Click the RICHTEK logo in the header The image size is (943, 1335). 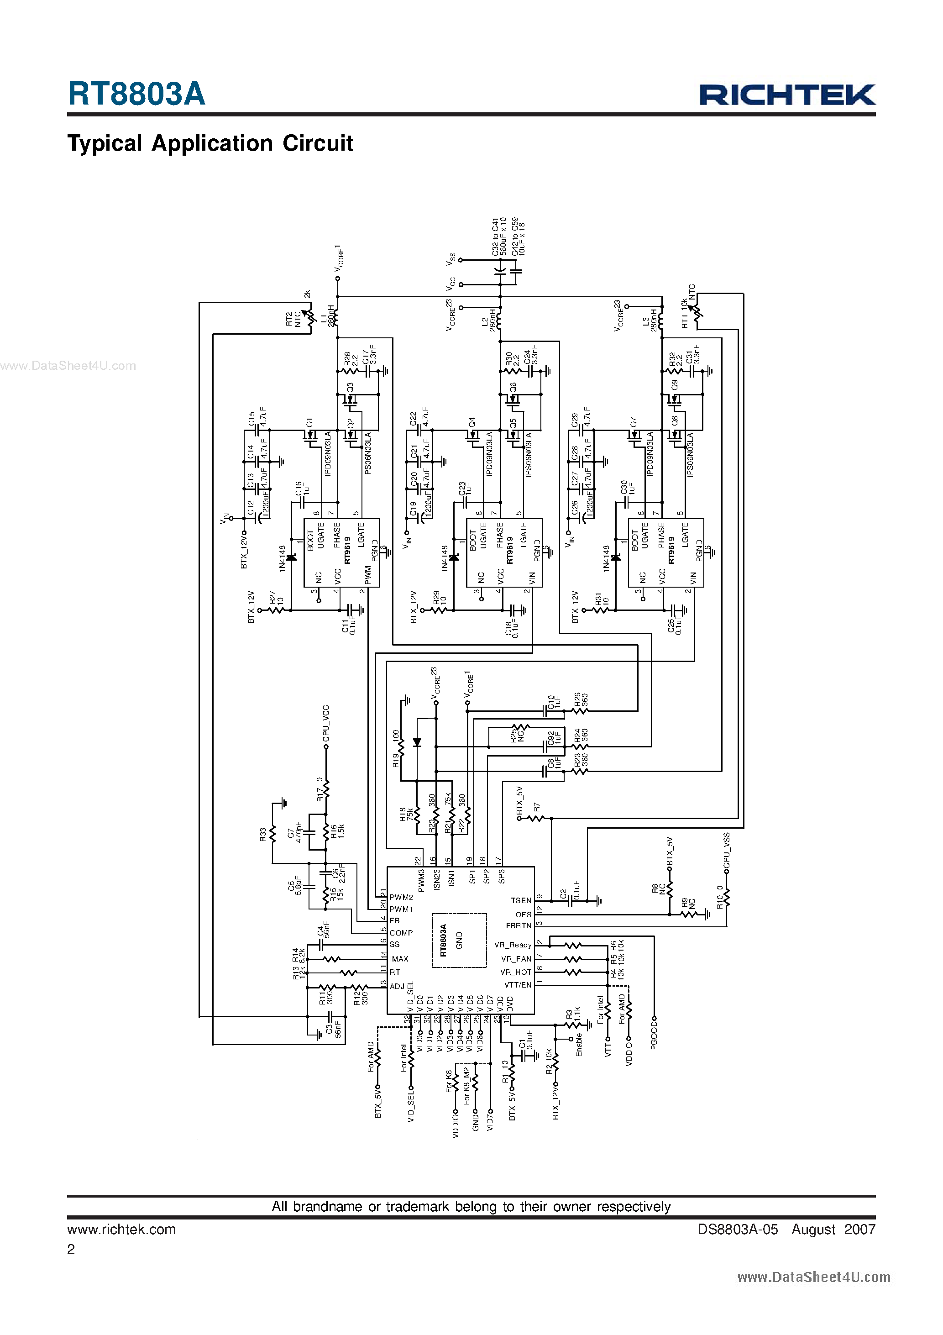(x=787, y=95)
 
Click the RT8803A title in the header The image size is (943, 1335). (x=136, y=94)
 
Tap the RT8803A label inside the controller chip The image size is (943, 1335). (x=444, y=940)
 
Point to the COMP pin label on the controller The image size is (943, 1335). (x=401, y=933)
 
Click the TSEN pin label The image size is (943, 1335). (x=521, y=901)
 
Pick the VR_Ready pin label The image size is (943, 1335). (x=513, y=945)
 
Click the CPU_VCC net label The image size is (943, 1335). (x=326, y=724)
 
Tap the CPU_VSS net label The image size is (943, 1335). (x=727, y=851)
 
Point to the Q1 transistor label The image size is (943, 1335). (x=309, y=422)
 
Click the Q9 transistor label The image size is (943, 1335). (x=675, y=385)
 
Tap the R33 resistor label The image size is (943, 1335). (x=263, y=835)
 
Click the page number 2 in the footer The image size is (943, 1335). (x=71, y=1250)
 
